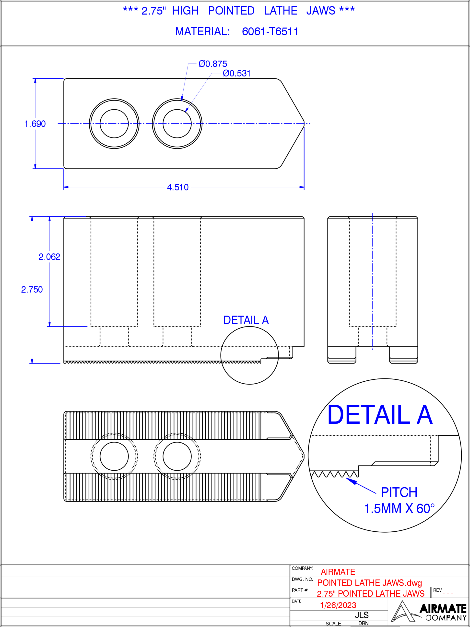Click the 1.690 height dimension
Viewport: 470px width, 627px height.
tap(35, 124)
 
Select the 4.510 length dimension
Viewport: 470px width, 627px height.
tap(178, 187)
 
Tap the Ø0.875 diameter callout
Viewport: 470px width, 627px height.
tap(213, 64)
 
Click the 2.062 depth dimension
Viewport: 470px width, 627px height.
tap(49, 257)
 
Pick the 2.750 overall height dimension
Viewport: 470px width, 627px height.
tap(32, 289)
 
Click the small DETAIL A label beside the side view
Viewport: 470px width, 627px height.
tap(246, 320)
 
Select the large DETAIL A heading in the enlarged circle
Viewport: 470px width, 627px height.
tap(380, 415)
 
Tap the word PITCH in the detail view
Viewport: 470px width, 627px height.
tap(399, 492)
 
